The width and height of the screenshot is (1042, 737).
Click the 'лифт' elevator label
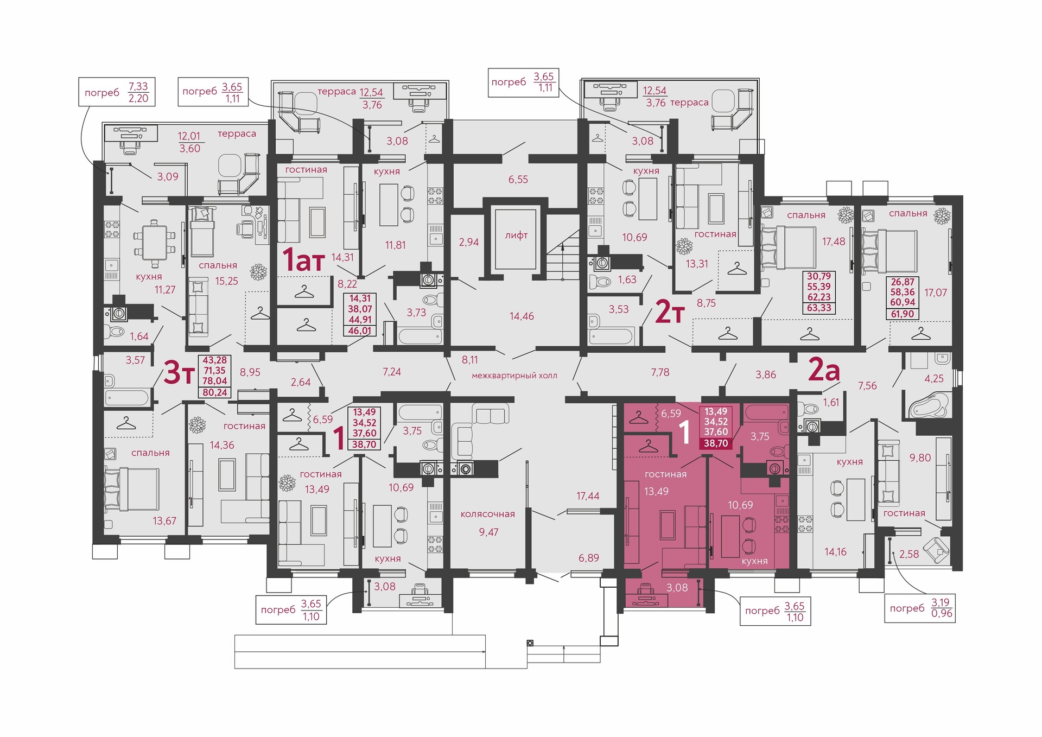[516, 235]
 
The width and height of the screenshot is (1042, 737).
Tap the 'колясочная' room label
[487, 514]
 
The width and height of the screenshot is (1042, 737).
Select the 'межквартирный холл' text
[514, 376]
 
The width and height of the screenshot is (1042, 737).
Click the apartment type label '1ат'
[303, 260]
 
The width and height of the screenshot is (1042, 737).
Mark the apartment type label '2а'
[824, 370]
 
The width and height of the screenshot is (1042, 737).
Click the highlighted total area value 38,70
[716, 443]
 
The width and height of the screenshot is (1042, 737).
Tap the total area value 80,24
[215, 392]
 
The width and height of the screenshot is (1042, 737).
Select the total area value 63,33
[819, 308]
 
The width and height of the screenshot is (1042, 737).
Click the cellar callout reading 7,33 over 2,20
[117, 92]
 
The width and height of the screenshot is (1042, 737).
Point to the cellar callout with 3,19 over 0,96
[920, 608]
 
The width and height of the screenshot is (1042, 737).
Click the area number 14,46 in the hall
[522, 316]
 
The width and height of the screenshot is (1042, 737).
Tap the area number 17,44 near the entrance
[588, 495]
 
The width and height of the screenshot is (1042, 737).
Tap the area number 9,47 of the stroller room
[488, 532]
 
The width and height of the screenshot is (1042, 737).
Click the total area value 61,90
[903, 314]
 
